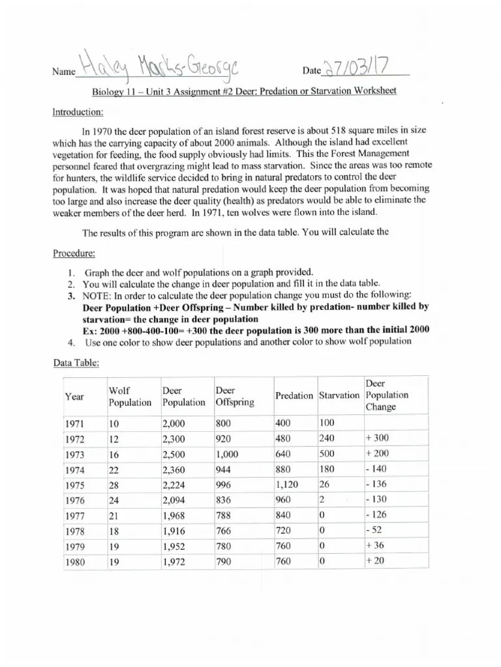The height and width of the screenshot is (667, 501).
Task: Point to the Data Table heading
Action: pos(76,363)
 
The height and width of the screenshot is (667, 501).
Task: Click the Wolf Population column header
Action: pos(129,396)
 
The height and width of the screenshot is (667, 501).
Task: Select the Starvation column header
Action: pos(339,395)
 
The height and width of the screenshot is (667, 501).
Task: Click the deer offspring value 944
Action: pos(225,470)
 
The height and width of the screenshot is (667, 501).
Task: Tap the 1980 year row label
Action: pos(75,562)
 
